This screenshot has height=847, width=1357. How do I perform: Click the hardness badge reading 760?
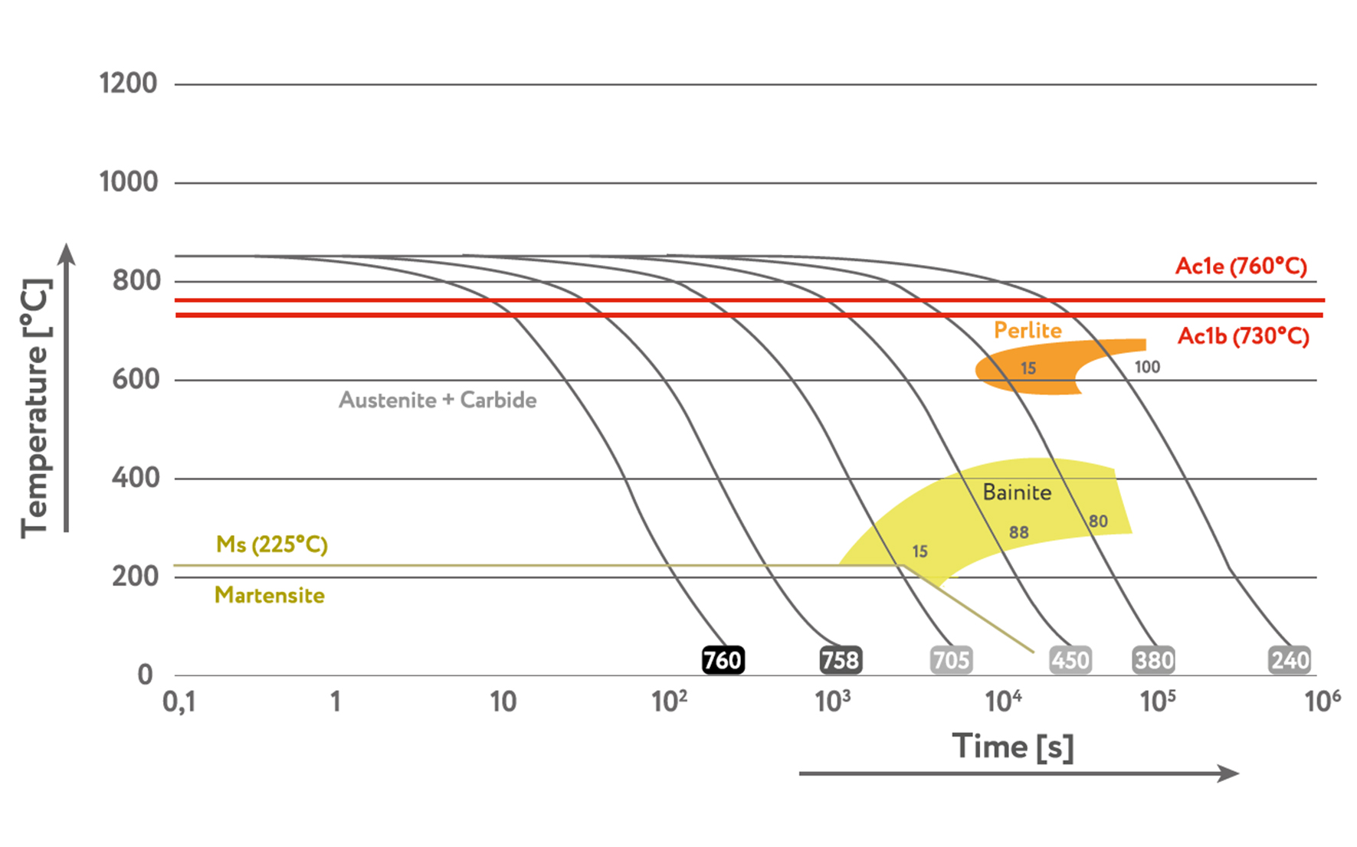[723, 660]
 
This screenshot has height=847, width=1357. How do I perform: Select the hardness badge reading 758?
[841, 660]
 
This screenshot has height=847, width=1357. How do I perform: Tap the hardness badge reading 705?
[951, 660]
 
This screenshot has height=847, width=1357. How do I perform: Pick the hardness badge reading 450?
[1070, 660]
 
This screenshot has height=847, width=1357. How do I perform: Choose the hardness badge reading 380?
[1153, 660]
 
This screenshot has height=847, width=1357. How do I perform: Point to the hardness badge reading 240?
[1290, 660]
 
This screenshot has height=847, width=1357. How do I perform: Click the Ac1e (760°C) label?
[1241, 267]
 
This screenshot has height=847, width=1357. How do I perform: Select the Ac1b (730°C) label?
[1243, 336]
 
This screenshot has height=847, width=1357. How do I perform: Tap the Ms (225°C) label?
[272, 544]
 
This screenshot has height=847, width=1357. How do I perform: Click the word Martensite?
[270, 595]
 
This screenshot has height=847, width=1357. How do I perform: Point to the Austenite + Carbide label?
[438, 400]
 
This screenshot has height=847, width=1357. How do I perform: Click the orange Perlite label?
[1028, 330]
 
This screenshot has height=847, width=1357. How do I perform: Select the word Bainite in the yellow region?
[1017, 492]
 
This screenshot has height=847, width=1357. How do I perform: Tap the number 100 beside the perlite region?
[1147, 367]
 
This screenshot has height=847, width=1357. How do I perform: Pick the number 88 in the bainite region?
[1018, 532]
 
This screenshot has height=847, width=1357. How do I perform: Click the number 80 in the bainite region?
[1098, 522]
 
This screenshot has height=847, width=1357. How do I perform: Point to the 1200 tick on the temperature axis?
[128, 83]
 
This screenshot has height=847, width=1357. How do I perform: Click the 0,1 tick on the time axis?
[179, 701]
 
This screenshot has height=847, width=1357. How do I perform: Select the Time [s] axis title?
[1013, 747]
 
